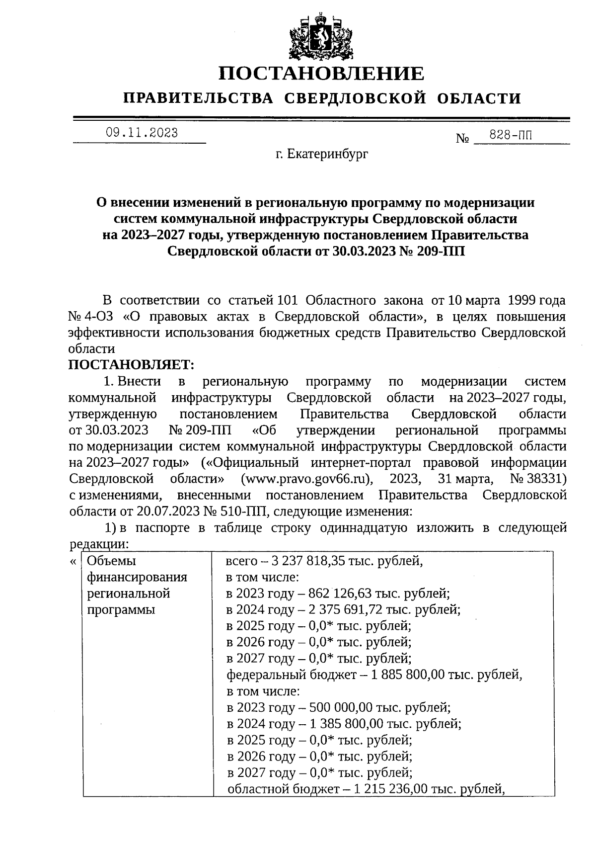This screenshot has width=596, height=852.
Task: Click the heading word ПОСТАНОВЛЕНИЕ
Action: (322, 74)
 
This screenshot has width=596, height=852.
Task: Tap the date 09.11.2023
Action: (142, 133)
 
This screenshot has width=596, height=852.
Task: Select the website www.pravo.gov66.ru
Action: (306, 479)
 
